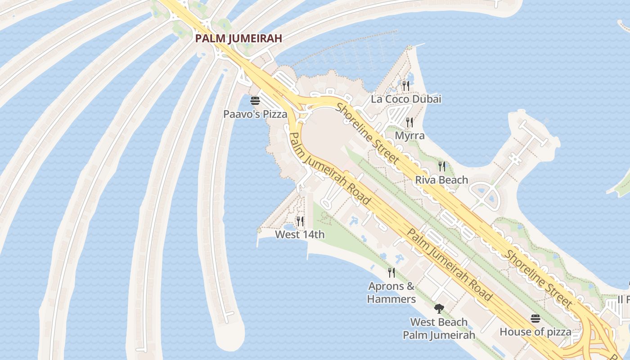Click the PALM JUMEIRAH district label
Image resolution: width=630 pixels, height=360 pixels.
[x=238, y=38]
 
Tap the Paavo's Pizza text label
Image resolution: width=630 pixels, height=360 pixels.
[x=255, y=114]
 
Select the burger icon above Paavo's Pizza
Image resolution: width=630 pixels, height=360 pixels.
[x=255, y=100]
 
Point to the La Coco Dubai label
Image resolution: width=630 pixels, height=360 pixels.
[x=406, y=99]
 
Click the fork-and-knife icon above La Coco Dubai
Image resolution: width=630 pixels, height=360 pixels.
[x=406, y=85]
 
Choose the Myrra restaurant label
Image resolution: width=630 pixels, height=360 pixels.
[x=409, y=135]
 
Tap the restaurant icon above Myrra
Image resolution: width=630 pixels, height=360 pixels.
[x=409, y=122]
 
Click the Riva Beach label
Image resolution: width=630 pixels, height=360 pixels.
[x=441, y=180]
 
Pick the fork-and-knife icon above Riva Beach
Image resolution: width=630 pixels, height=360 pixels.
[x=442, y=166]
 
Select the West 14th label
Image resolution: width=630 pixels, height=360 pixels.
[x=300, y=234]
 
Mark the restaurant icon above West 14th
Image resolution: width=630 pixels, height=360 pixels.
[x=300, y=221]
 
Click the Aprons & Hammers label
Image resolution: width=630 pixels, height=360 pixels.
[x=391, y=292]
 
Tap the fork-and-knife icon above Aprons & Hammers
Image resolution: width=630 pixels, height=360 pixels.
[x=391, y=272]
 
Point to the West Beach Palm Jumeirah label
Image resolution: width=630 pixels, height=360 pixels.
[x=439, y=328]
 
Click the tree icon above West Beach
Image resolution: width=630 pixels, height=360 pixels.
[x=439, y=309]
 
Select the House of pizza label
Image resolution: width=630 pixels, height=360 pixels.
[x=535, y=332]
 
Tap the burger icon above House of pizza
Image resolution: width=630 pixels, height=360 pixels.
[x=535, y=319]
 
